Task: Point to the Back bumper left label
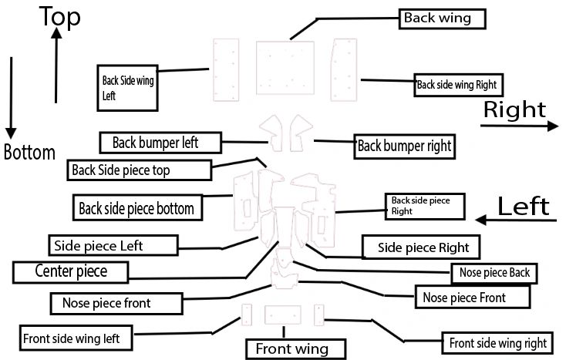pos(160,143)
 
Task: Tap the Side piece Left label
pos(109,246)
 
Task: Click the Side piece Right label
pos(421,247)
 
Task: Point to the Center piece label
pos(71,271)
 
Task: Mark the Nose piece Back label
pos(493,272)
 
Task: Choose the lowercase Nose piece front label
pos(116,303)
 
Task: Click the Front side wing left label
pos(76,337)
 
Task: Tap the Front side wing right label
pos(497,342)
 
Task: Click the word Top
pos(60,17)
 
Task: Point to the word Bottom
pos(29,152)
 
